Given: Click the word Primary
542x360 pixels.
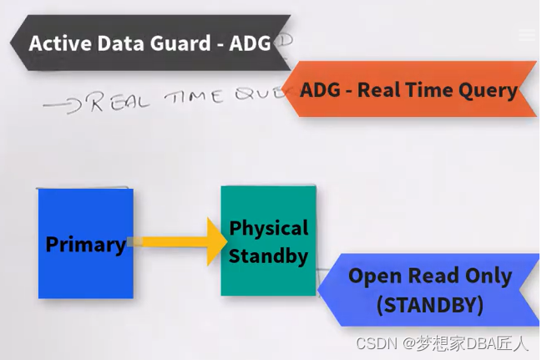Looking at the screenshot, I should [85, 245].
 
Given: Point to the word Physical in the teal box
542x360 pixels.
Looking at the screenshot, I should [268, 228].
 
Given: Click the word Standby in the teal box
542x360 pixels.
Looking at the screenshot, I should [268, 256].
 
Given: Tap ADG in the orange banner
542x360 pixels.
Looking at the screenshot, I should [321, 90].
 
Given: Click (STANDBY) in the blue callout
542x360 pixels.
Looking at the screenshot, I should [429, 305].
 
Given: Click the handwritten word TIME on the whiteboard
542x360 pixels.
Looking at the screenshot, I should [193, 98].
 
